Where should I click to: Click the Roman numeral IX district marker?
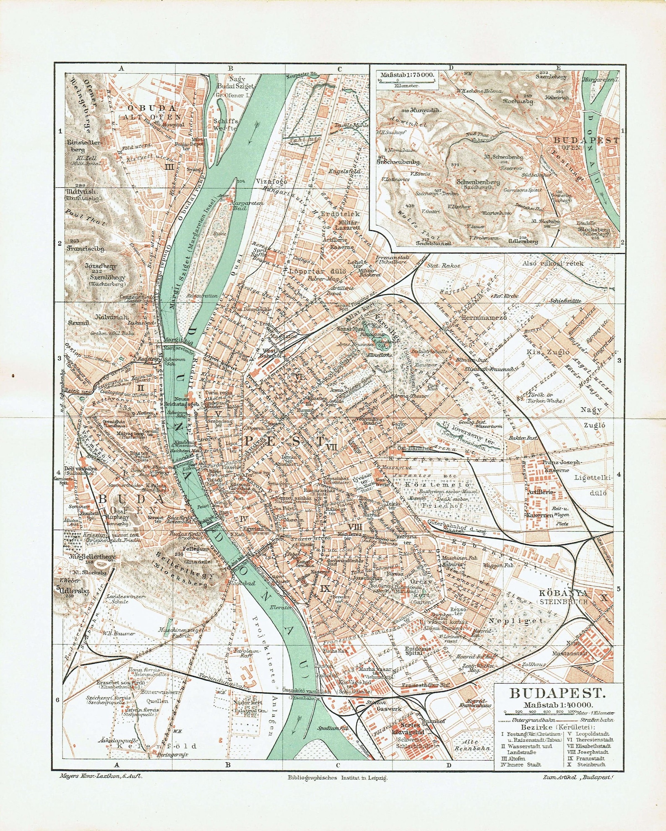point(325,588)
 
